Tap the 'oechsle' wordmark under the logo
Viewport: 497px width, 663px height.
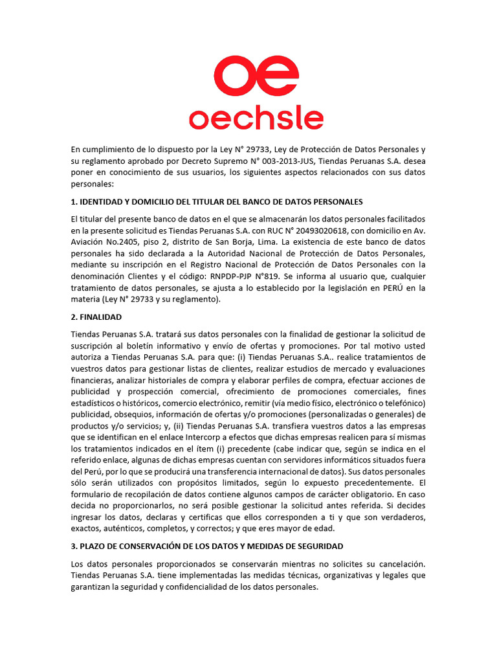(256, 118)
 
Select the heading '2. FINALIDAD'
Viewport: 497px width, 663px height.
(96, 317)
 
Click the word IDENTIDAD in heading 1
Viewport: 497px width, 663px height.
(102, 201)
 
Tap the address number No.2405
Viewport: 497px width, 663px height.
(123, 242)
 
